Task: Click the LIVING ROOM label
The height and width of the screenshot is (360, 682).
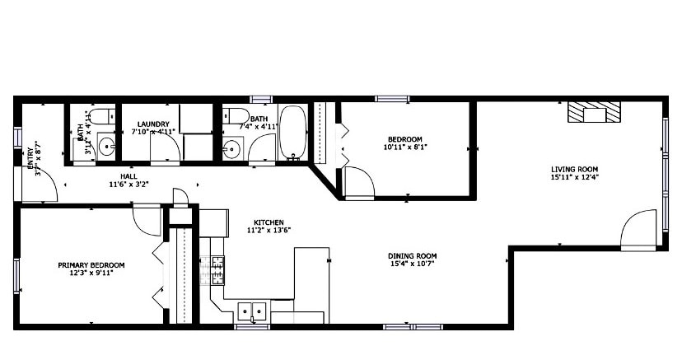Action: coord(574,170)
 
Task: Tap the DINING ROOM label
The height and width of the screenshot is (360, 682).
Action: coord(412,256)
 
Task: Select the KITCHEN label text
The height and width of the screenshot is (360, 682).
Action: coord(269,222)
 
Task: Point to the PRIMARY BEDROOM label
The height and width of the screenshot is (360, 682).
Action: coord(91,265)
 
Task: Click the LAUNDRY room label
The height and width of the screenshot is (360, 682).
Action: coord(153,124)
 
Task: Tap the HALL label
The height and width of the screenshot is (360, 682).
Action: coord(128,175)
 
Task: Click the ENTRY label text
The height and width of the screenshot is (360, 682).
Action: coord(30,157)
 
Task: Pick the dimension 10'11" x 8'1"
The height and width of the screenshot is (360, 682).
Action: coord(404,147)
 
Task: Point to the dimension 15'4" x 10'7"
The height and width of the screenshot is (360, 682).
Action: coord(412,264)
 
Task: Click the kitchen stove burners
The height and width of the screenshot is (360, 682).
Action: coord(217,270)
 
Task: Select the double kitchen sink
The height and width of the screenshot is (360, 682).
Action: coord(252,311)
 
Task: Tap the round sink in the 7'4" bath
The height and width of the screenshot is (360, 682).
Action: coord(231,149)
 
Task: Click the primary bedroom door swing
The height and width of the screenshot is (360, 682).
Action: coord(147,219)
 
